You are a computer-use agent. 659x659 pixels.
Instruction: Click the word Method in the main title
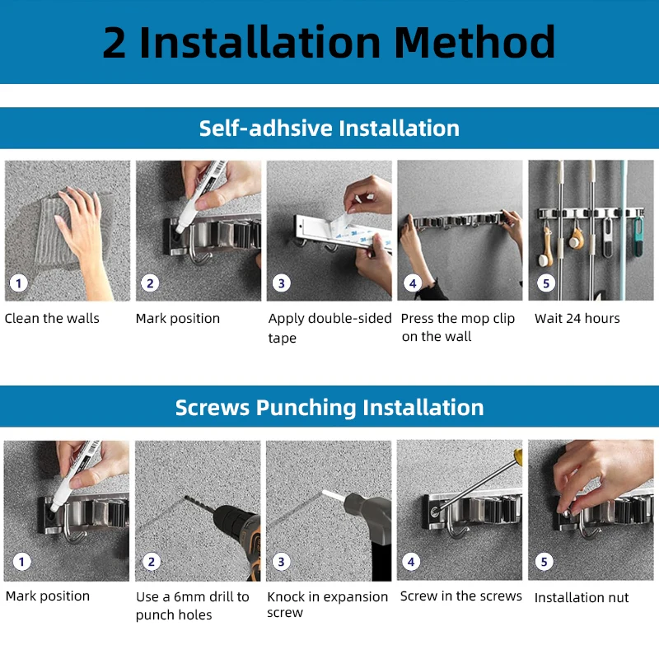point(475,42)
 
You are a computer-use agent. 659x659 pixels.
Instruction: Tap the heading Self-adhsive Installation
point(329,129)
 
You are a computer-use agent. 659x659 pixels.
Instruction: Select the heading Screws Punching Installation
point(329,408)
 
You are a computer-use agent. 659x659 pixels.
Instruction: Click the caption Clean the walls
point(52,318)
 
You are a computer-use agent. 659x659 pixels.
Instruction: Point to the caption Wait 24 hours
point(577,318)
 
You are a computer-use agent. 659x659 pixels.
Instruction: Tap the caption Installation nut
point(582,597)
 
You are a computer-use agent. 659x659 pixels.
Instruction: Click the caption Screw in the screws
point(461,596)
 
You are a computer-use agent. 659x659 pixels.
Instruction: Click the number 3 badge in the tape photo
point(282,283)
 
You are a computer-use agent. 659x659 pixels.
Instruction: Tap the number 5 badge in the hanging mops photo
point(546,283)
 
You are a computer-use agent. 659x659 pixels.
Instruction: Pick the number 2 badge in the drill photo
point(152,562)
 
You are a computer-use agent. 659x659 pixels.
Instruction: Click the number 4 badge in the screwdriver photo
point(411,562)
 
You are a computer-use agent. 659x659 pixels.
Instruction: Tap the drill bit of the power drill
point(199,504)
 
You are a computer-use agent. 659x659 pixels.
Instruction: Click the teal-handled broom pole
point(623,230)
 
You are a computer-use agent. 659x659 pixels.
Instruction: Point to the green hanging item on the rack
point(638,237)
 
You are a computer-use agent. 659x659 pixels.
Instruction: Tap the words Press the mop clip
point(458,318)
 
